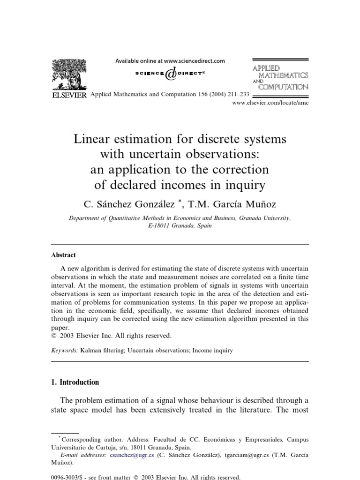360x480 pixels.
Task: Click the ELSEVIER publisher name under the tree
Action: pos(68,95)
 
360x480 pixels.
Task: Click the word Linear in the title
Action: pos(94,140)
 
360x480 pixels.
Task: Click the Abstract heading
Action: pos(63,255)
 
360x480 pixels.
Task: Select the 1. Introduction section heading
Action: pos(75,382)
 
